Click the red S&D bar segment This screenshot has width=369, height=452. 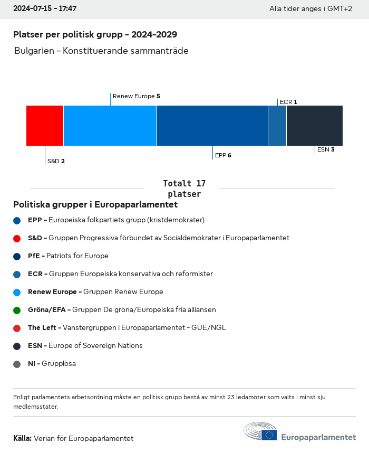(x=45, y=126)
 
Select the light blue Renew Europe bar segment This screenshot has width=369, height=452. (x=110, y=126)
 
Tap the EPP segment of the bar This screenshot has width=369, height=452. (x=212, y=126)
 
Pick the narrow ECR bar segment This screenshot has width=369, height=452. (x=277, y=126)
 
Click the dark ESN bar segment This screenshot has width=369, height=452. (x=315, y=126)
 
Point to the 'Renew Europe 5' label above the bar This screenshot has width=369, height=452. (x=136, y=97)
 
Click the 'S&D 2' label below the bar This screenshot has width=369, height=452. (x=56, y=161)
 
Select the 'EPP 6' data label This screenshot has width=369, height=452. (x=223, y=155)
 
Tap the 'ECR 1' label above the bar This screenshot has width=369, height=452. (x=288, y=102)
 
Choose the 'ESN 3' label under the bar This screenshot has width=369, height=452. (x=326, y=149)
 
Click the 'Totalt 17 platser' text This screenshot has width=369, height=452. (x=184, y=189)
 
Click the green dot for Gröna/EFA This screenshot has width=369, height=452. (x=17, y=310)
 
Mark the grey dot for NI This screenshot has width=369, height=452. (x=17, y=364)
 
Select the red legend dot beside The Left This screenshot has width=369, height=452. (x=17, y=328)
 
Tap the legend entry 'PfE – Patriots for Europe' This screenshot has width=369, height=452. (x=68, y=256)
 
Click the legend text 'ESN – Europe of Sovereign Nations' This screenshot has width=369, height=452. (x=85, y=346)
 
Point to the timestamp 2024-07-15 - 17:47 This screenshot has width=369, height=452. (x=45, y=9)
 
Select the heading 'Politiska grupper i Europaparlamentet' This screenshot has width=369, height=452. (x=95, y=204)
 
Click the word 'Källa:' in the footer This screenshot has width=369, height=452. (x=22, y=438)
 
